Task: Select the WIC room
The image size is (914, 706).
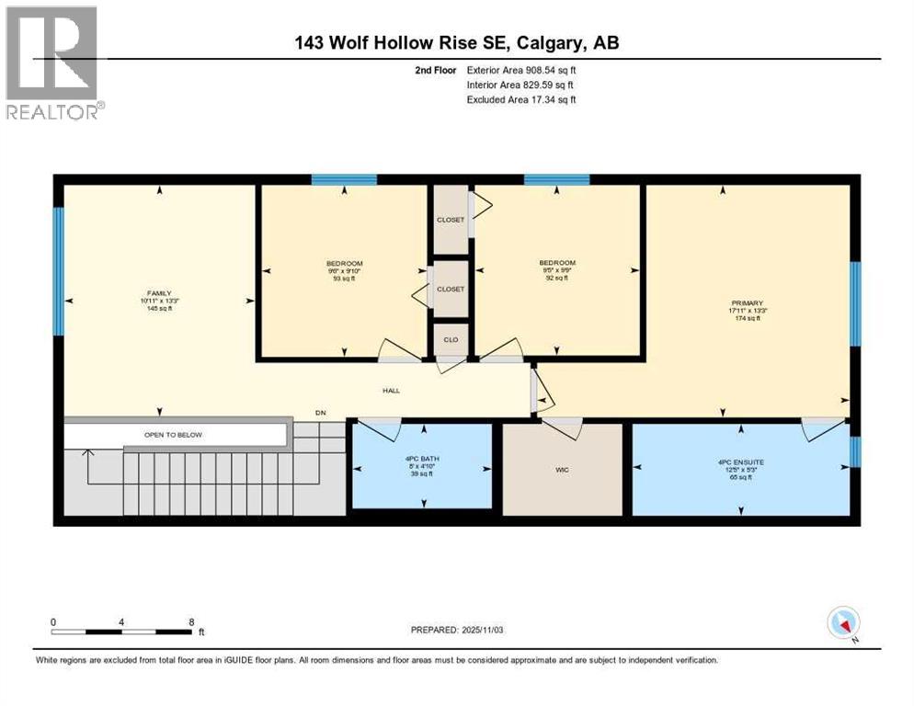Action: [562, 469]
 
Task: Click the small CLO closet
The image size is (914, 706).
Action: [451, 339]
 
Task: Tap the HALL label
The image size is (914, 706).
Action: [392, 391]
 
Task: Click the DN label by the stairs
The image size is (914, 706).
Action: [320, 413]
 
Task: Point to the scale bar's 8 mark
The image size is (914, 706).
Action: [191, 621]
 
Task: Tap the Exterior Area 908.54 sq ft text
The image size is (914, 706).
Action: [522, 70]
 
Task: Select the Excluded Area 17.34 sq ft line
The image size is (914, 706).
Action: [522, 99]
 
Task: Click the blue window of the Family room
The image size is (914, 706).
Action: [59, 271]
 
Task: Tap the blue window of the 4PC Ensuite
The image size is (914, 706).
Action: [854, 451]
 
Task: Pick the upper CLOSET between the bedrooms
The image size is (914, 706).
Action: [451, 220]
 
